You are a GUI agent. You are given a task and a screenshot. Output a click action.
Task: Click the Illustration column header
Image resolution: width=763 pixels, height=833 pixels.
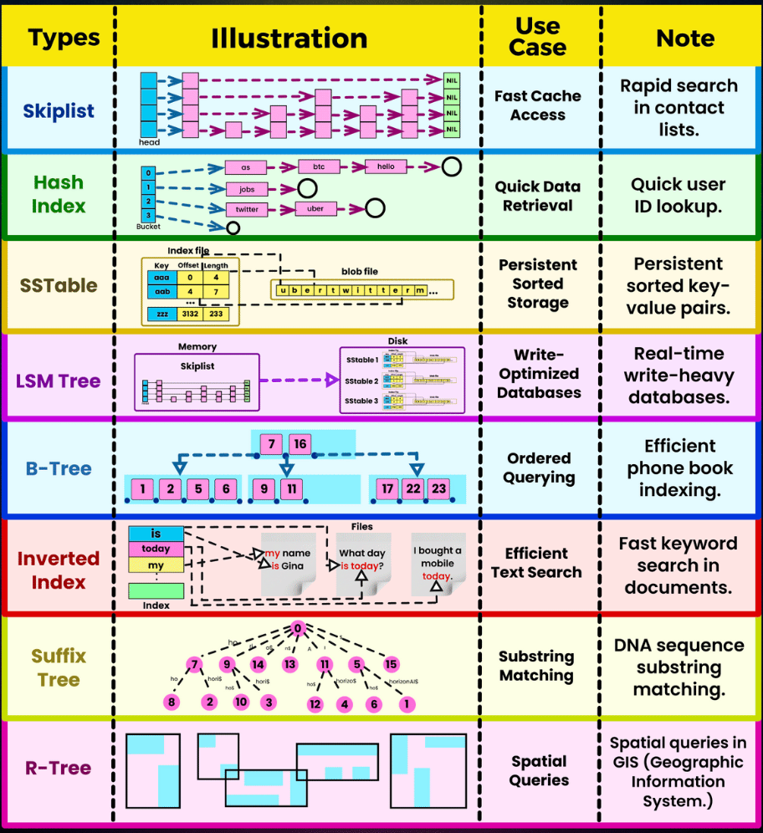pos(289,38)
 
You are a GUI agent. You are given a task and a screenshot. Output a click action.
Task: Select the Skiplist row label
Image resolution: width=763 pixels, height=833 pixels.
pos(59,110)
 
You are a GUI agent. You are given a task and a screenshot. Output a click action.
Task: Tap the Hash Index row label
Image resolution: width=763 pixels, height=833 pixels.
pos(59,193)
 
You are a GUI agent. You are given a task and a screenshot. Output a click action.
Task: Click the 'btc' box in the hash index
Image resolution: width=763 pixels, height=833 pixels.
pos(319,166)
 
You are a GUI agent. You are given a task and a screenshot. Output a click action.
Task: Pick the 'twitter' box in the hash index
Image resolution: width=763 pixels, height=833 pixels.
pos(247,209)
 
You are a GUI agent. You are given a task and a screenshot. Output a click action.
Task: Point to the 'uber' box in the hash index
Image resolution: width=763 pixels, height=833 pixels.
pos(315,208)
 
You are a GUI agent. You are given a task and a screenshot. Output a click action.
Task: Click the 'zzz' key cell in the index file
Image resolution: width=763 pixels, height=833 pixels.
pos(161,314)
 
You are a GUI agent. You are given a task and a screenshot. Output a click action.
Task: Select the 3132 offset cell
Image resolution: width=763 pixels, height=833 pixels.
pos(190,314)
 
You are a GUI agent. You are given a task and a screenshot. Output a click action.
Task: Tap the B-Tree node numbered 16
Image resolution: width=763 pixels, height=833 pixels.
pos(300,444)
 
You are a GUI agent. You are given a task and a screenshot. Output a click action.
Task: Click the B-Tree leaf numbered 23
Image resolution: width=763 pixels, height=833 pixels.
pos(438,488)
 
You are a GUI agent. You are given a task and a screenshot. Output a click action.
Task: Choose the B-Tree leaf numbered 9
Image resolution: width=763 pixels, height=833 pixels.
pos(264,488)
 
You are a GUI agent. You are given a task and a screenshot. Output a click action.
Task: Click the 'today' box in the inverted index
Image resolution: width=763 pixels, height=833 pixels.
pos(155,549)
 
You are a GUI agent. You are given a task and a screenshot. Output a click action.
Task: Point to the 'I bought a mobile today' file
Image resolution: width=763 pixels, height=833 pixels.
pos(438,563)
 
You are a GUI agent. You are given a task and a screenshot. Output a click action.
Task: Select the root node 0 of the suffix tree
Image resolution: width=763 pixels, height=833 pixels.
pos(297,629)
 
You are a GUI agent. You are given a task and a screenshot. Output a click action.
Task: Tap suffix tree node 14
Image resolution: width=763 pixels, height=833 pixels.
pos(258,665)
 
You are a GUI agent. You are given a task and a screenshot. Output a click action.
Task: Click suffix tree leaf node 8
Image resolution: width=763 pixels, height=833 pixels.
pos(172,703)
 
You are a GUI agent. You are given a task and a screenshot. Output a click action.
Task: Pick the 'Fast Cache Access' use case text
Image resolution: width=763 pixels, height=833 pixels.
pos(537,105)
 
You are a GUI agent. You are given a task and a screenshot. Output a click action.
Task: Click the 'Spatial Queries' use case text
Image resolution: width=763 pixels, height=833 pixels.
pos(539,770)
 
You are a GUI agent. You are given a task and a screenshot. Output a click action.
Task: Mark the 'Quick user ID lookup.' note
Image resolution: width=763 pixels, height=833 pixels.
pos(678,195)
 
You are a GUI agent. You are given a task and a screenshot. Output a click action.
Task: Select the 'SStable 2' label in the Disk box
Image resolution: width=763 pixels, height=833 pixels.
pos(362,381)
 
